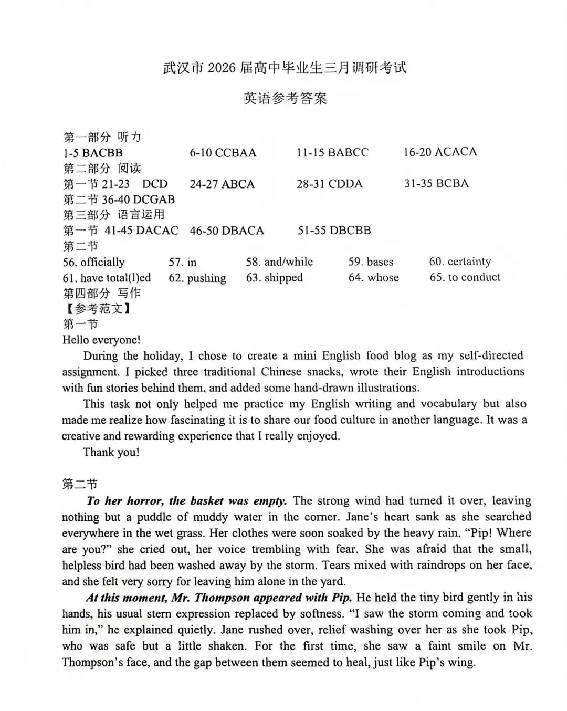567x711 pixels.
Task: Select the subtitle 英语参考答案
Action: pyautogui.click(x=285, y=98)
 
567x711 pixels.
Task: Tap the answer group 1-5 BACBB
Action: pyautogui.click(x=92, y=153)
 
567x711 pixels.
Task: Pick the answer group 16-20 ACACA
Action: pyautogui.click(x=440, y=152)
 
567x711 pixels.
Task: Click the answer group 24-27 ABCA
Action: pyautogui.click(x=222, y=184)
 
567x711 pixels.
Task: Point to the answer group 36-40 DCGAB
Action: pyautogui.click(x=119, y=200)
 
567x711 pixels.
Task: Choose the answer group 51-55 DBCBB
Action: pyautogui.click(x=334, y=231)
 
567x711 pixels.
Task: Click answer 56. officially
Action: pyautogui.click(x=93, y=262)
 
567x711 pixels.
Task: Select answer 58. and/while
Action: pyautogui.click(x=279, y=262)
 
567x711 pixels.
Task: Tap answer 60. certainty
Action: pyautogui.click(x=460, y=262)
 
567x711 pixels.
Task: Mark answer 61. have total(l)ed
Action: pyautogui.click(x=107, y=278)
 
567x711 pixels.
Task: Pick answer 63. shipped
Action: pyautogui.click(x=274, y=278)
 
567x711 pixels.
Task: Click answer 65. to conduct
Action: pyautogui.click(x=465, y=277)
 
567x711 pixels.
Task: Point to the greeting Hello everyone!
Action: pyautogui.click(x=101, y=340)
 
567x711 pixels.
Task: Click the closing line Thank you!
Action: pyautogui.click(x=111, y=452)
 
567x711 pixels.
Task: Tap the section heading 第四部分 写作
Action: pyautogui.click(x=102, y=293)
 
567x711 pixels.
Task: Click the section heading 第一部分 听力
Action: pyautogui.click(x=102, y=137)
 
